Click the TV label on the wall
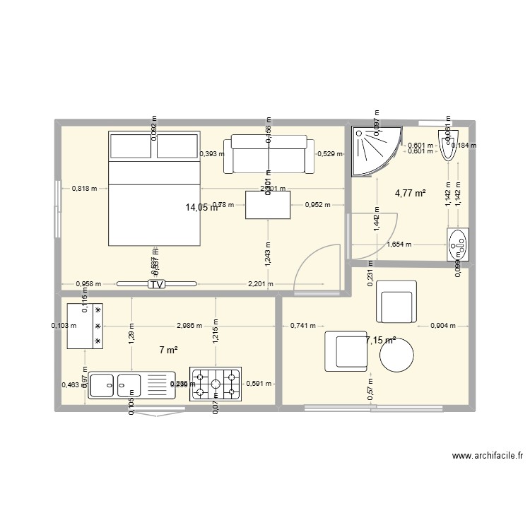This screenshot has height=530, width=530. tap(155, 284)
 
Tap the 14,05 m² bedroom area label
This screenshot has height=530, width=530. tap(201, 207)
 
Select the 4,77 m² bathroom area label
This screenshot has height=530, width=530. tap(410, 193)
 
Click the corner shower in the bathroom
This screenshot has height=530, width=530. tap(375, 149)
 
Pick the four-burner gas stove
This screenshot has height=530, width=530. tap(215, 384)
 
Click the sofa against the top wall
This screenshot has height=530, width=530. tap(269, 154)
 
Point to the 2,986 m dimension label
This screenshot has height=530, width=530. tap(189, 326)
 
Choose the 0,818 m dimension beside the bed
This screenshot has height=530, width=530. tap(85, 189)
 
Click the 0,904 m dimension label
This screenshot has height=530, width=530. tap(443, 326)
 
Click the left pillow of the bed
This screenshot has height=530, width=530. tap(131, 146)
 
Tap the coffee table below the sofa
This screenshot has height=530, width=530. tap(269, 205)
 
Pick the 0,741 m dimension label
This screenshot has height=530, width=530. tap(303, 326)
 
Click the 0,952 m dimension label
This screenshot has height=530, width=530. tap(318, 205)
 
